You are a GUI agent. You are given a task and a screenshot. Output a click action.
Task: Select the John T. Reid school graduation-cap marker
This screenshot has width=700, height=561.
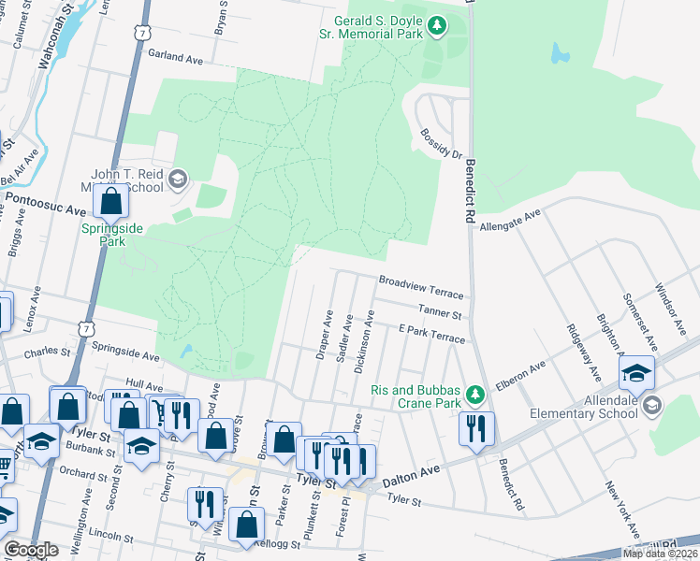pos(178,179)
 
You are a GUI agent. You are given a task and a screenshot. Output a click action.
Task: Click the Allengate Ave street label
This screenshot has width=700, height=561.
pos(510,221)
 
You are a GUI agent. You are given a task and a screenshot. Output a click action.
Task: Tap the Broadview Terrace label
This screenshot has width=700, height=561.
pos(421,281)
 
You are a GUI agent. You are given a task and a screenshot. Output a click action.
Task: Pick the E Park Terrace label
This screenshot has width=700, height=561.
pos(431,335)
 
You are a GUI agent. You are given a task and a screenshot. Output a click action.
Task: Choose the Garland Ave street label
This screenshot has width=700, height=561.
pos(175,58)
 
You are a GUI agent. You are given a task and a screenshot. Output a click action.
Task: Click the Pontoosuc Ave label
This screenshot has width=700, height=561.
pos(45,199)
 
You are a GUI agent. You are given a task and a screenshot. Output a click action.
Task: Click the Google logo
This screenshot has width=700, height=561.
pos(31,549)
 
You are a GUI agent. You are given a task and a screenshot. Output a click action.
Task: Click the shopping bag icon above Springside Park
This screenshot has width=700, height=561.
pos(111,200)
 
